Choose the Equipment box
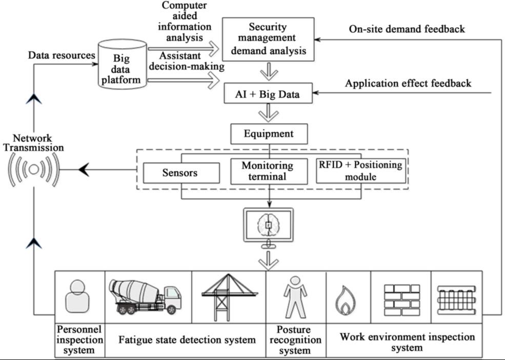click(x=269, y=134)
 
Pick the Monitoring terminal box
click(x=267, y=172)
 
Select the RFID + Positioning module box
click(x=360, y=171)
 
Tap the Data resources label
click(x=62, y=55)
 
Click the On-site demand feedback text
click(x=407, y=29)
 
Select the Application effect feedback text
click(x=408, y=83)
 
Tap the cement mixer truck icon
click(x=145, y=294)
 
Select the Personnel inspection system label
click(x=79, y=339)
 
